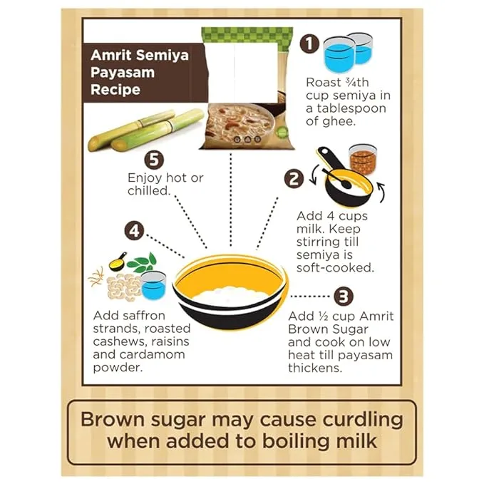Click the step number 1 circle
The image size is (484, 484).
[x=309, y=44]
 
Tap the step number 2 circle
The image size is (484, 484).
[x=293, y=178]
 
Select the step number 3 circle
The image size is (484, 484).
[x=344, y=295]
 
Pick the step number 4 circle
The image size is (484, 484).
[x=134, y=231]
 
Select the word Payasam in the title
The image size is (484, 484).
[x=118, y=73]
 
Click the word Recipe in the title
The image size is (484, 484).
[x=115, y=91]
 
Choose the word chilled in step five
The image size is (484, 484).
[x=147, y=192]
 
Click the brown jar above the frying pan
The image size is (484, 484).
[x=363, y=160]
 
